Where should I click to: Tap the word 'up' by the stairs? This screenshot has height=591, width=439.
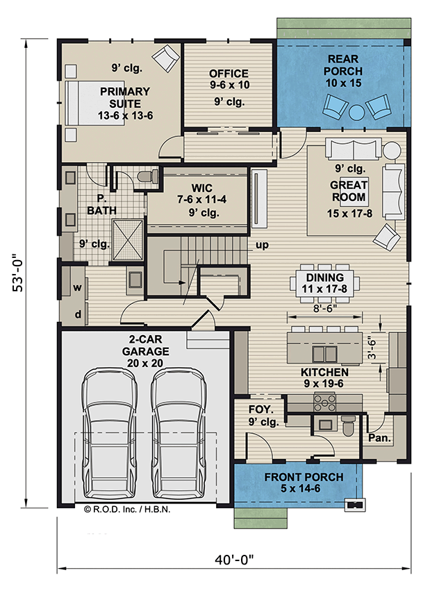tap(262, 245)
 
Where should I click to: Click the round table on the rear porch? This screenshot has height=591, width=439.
tap(357, 110)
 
